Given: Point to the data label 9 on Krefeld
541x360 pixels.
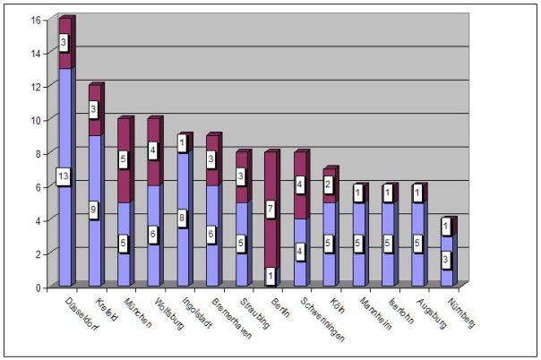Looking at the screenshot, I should [x=94, y=210].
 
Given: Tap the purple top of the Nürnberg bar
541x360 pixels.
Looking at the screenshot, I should [x=447, y=228].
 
